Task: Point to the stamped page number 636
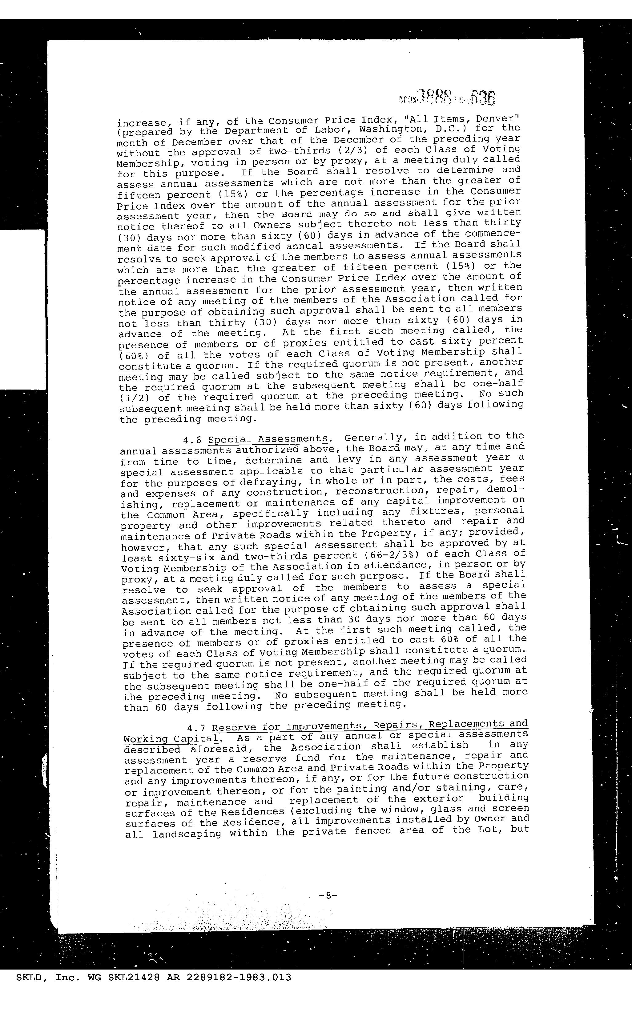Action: point(482,98)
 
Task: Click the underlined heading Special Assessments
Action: point(268,439)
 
